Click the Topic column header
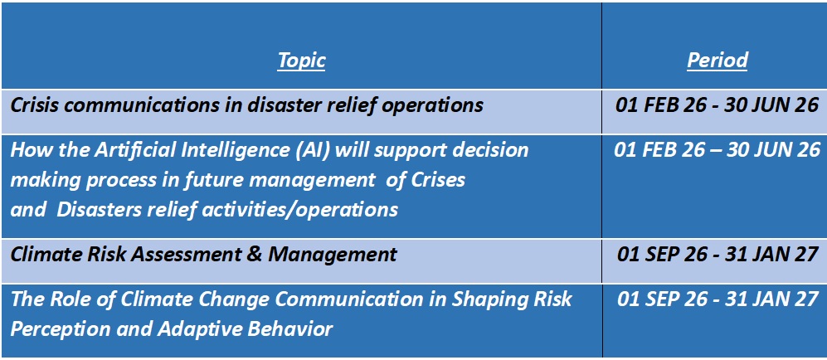302,61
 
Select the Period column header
718,61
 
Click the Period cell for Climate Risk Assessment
718,255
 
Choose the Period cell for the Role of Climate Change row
718,299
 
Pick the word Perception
52,330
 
